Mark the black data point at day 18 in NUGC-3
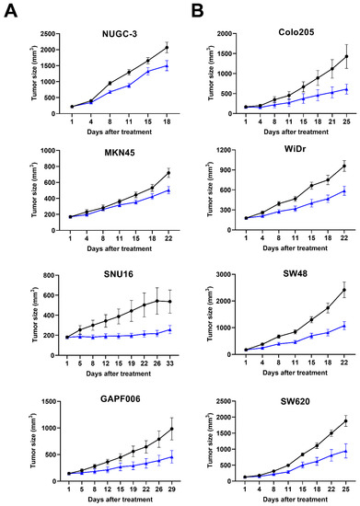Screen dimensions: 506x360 [167, 47]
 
